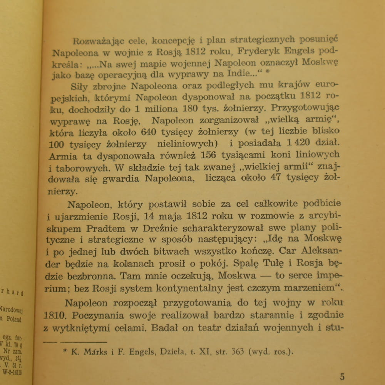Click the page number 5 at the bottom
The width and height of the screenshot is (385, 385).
tap(343, 376)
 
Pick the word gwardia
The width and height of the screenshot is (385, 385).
tap(123, 178)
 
